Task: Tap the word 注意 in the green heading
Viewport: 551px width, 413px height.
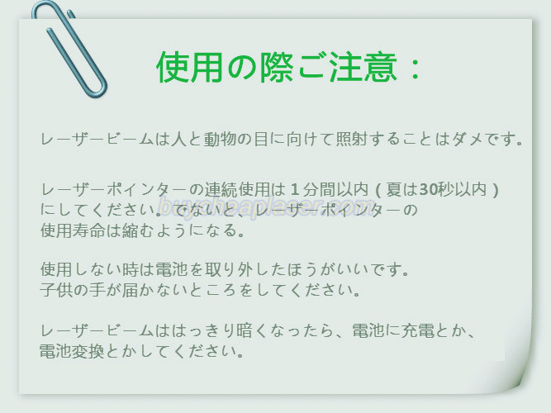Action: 363,67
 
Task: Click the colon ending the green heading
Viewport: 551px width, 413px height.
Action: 416,69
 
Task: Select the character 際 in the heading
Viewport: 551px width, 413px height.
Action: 277,67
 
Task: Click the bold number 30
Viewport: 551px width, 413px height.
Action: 428,190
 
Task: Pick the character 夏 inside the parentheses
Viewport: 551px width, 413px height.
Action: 394,190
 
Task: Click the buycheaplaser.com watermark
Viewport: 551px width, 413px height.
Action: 267,208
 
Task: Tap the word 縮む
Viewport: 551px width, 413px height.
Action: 138,230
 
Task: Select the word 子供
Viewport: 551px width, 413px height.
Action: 56,290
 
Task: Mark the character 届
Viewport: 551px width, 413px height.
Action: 130,290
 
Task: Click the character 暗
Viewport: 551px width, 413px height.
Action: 245,330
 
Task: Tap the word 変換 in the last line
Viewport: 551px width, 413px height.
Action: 88,351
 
